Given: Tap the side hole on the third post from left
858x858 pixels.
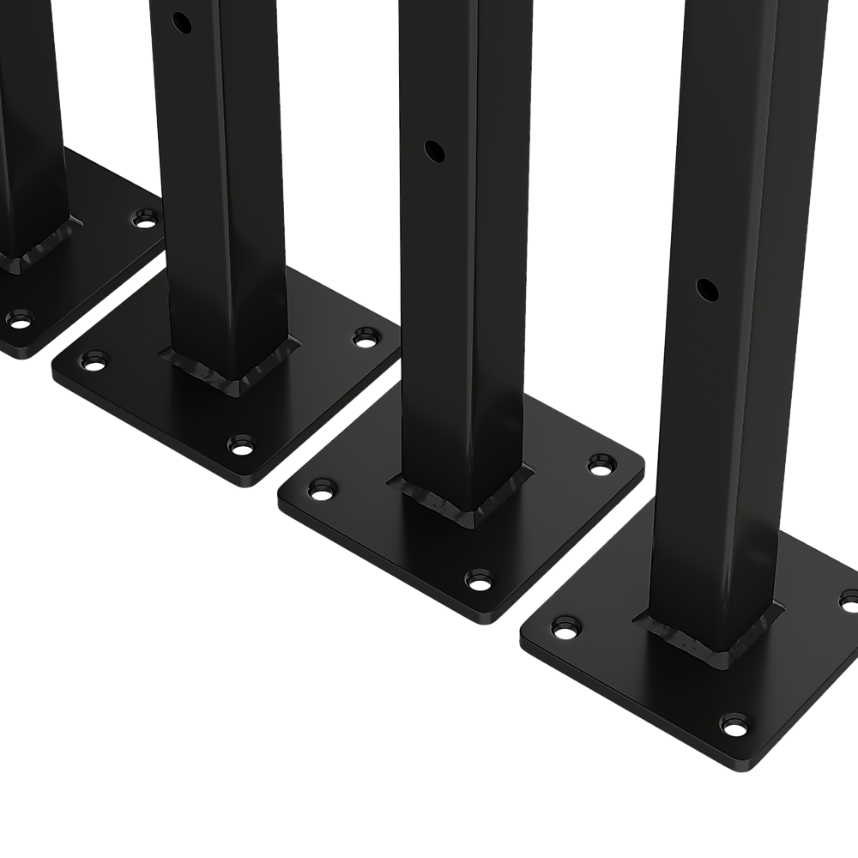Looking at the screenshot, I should click(x=436, y=152).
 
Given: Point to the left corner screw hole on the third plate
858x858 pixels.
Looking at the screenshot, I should click(x=322, y=493).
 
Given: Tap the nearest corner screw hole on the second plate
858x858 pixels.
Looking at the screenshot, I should click(x=241, y=445).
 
